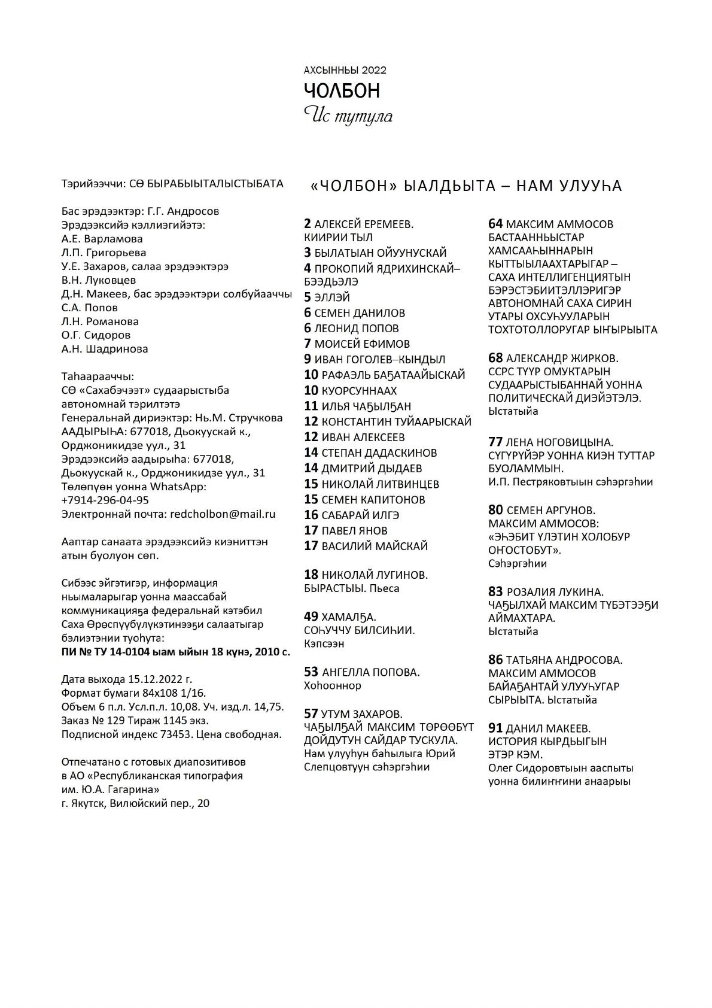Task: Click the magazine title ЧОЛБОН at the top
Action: tap(342, 90)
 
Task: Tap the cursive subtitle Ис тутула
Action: tap(348, 116)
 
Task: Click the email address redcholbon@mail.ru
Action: tap(223, 514)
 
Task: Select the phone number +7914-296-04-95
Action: tap(105, 500)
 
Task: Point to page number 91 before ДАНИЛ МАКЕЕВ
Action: tap(495, 728)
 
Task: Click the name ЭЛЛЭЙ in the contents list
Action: tap(332, 297)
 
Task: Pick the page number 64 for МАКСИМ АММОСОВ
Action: tap(495, 224)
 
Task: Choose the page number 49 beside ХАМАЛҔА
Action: tap(311, 616)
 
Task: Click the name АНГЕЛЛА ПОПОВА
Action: tap(370, 672)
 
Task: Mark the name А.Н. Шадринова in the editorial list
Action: tap(105, 348)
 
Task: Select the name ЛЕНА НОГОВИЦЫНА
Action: tap(559, 442)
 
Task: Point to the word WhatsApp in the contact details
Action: tap(178, 486)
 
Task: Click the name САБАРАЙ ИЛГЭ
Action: tap(360, 515)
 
